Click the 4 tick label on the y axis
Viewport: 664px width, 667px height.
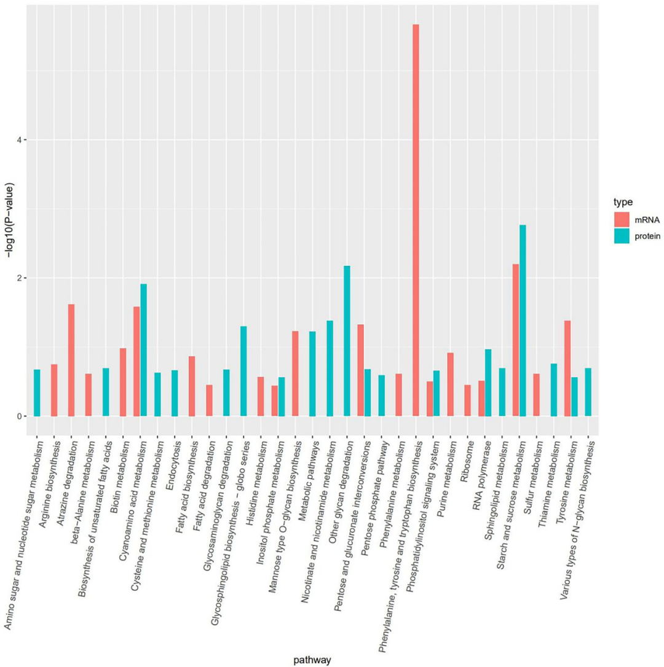pos(20,140)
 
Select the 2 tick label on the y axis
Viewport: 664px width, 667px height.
pos(20,278)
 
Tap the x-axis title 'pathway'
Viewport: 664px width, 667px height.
pos(312,660)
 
